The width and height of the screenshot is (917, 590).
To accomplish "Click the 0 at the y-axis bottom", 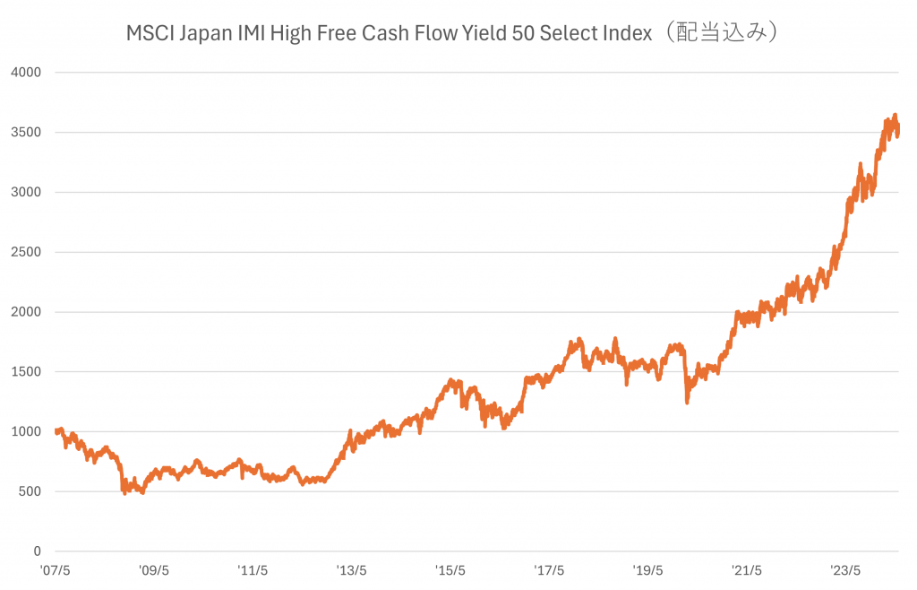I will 37,551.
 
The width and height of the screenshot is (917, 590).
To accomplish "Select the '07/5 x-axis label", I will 56,569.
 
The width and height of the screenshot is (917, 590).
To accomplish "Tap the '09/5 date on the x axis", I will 154,569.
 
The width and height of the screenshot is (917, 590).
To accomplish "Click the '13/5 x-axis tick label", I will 351,569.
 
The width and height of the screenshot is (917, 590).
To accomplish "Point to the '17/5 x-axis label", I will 548,569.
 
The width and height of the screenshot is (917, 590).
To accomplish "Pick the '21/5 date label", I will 746,569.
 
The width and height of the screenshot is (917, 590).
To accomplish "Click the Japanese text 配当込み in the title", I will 726,34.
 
